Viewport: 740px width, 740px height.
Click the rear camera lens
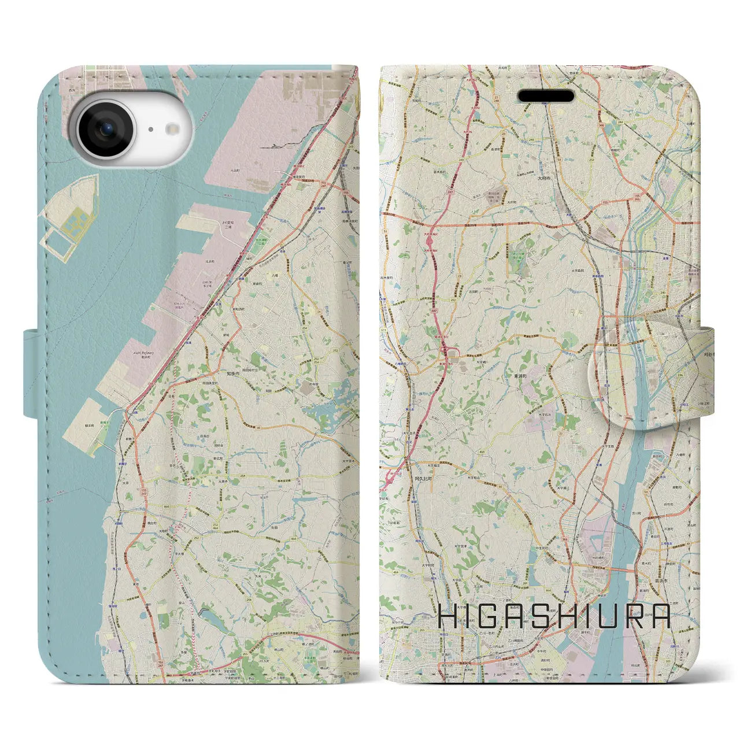(106, 129)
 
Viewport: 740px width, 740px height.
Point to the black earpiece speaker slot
(546, 96)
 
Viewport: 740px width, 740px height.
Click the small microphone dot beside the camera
(150, 130)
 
